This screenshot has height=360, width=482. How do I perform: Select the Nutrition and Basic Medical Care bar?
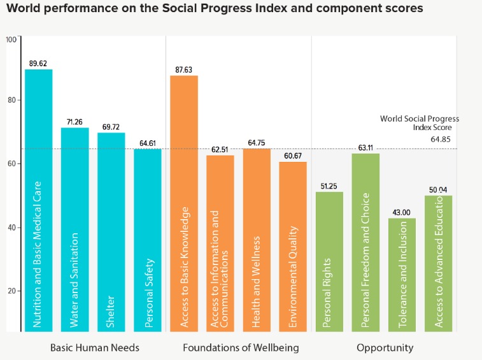(38, 200)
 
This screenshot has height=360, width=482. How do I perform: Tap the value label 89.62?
(38, 64)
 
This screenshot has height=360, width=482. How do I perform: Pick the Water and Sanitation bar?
(74, 229)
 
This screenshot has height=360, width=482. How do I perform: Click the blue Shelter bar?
(111, 232)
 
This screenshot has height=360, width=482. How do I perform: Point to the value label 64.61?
(147, 143)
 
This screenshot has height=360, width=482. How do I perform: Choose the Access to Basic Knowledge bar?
(183, 203)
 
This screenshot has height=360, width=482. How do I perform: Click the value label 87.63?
(183, 70)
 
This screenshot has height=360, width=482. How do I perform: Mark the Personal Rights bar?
(329, 261)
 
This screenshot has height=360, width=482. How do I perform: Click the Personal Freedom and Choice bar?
(365, 242)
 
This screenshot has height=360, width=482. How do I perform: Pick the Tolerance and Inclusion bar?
(402, 275)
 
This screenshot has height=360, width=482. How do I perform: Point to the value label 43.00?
(402, 213)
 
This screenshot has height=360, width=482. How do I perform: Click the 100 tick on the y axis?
(10, 40)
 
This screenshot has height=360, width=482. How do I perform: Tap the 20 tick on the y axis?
(11, 291)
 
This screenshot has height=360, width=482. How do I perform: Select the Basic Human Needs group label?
(94, 348)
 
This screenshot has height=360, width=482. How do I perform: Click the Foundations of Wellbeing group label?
(240, 348)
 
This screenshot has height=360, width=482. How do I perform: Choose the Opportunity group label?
(385, 348)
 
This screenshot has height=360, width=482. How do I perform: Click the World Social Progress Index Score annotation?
(419, 122)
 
